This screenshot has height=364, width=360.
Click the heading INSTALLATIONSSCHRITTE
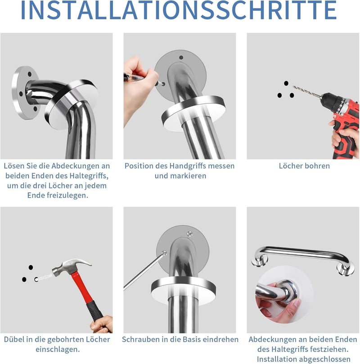tap(179, 10)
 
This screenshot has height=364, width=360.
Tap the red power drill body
tap(341, 121)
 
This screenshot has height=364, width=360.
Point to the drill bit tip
tap(293, 87)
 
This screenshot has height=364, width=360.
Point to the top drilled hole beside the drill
tap(286, 83)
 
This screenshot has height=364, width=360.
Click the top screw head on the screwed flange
tap(190, 234)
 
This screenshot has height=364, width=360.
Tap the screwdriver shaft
tap(143, 271)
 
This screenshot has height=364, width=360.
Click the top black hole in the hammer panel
tap(31, 267)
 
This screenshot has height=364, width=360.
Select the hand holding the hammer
tap(102, 324)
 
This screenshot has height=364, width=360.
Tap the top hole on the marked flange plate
tap(181, 58)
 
